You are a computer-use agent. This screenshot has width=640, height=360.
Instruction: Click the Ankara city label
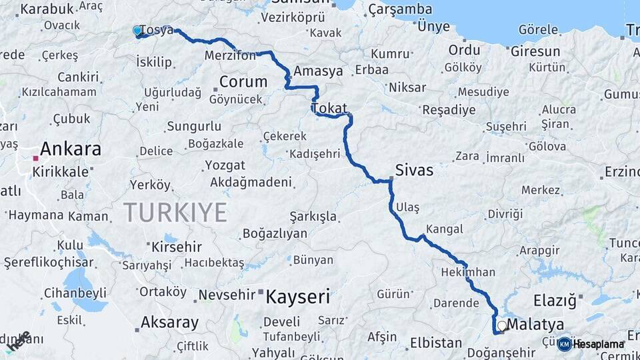pos(71,148)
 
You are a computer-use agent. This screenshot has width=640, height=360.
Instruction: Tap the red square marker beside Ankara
pos(35,158)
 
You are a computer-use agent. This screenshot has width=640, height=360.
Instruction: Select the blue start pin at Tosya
pos(137,31)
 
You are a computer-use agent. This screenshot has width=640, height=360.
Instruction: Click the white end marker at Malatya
pos(501,326)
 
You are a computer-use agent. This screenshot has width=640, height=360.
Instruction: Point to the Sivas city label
pos(414,170)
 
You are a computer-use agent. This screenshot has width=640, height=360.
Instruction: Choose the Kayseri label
pos(298,296)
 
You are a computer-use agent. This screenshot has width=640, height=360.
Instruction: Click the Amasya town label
pos(318,71)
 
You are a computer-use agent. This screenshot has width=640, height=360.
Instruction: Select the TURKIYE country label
pos(175,212)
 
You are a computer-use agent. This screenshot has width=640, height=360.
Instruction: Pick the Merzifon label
pos(231,55)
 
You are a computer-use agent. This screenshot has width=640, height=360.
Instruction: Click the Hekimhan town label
pos(468,272)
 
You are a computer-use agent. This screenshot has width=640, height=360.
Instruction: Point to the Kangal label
pos(444,229)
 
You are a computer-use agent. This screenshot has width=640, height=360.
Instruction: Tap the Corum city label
pos(243,82)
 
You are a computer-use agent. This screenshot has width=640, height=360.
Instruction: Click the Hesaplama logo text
pos(599,344)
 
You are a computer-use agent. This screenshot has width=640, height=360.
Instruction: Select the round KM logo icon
pos(565,344)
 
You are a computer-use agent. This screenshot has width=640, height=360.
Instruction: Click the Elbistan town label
pos(435,343)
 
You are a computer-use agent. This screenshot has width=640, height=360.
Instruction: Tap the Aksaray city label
pos(169,323)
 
